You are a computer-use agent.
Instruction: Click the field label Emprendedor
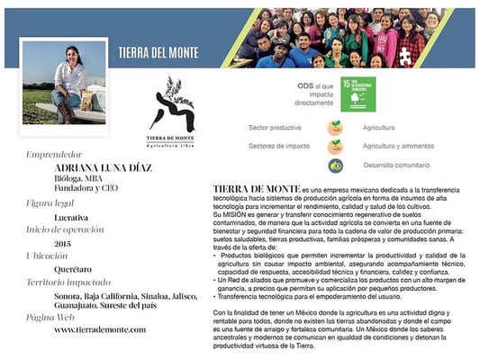(56, 154)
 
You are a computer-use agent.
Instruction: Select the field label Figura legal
(53, 204)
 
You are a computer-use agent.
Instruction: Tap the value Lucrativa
(71, 217)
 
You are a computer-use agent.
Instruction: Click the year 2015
(62, 243)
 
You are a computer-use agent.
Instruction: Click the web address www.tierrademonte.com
(99, 329)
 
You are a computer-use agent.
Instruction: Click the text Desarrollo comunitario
(397, 166)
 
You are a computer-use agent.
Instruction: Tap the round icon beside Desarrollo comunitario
(334, 166)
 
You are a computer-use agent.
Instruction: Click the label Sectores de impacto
(276, 146)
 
